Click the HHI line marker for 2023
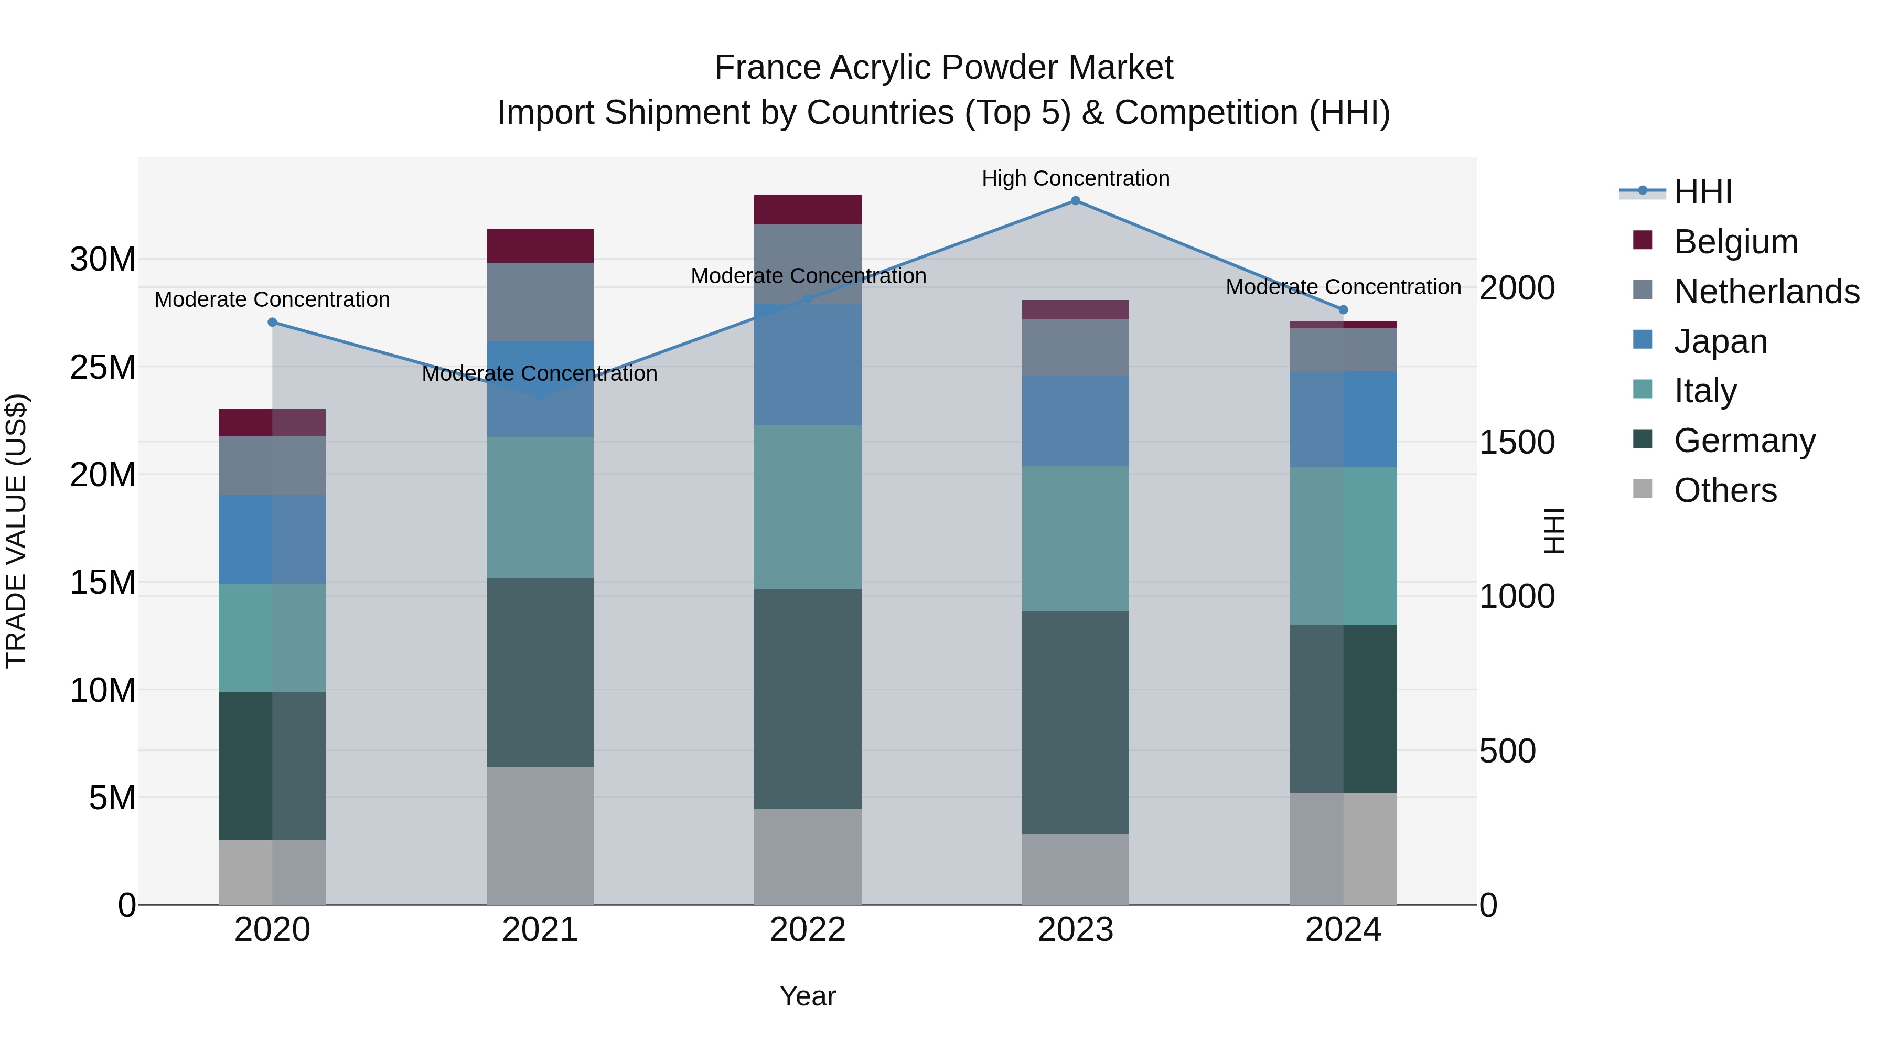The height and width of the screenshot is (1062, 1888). (x=1075, y=201)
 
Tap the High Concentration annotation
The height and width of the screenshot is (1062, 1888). (x=1075, y=179)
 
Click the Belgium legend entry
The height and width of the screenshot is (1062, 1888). (x=1735, y=242)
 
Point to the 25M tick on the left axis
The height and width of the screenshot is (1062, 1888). (x=103, y=367)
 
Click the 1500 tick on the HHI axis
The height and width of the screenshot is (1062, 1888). (x=1516, y=443)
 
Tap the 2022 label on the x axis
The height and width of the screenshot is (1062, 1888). (x=808, y=930)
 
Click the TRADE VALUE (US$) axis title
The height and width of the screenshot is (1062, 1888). (x=17, y=531)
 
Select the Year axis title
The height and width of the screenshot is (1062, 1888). (x=808, y=996)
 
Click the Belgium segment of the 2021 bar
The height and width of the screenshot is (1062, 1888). (x=540, y=245)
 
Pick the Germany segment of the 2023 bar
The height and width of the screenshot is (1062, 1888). (x=1075, y=722)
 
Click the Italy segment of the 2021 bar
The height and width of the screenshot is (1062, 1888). (x=540, y=507)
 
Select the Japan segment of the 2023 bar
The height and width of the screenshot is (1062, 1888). (x=1075, y=421)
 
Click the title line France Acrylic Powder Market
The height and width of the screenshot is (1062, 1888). (x=943, y=68)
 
